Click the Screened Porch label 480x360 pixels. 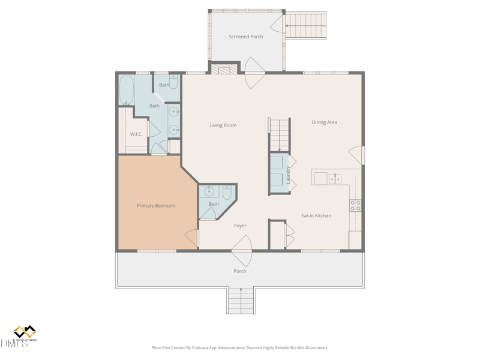[x=246, y=37]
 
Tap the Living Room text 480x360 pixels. [x=223, y=125]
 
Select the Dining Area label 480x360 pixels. [x=324, y=122]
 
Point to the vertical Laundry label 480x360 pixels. [x=289, y=175]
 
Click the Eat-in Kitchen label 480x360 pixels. [x=316, y=215]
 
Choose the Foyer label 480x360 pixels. [x=240, y=226]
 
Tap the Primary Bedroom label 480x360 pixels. [x=156, y=206]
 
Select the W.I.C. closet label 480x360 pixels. [x=137, y=134]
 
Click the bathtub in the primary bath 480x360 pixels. [x=127, y=89]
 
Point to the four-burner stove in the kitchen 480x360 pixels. [x=355, y=206]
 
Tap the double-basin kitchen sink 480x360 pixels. [x=334, y=178]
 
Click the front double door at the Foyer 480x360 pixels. [x=242, y=251]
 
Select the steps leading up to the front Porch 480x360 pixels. [x=241, y=301]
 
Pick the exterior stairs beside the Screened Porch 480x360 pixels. [x=305, y=26]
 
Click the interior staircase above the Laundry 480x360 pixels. [x=280, y=134]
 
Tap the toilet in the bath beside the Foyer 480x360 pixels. [x=227, y=193]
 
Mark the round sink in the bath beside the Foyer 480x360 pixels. [x=209, y=192]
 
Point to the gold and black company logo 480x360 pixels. [x=25, y=332]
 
